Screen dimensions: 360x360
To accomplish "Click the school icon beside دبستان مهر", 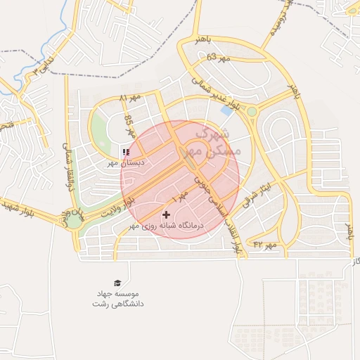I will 125,152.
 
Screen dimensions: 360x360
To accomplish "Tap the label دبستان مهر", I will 125,162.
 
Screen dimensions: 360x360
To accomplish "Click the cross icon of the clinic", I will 166,214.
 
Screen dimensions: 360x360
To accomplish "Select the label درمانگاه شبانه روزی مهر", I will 167,226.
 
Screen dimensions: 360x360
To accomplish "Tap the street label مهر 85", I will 129,127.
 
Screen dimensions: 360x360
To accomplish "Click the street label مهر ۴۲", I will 266,244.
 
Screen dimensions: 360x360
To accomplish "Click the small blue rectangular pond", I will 226,110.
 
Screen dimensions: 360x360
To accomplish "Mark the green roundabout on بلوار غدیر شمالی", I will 252,111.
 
